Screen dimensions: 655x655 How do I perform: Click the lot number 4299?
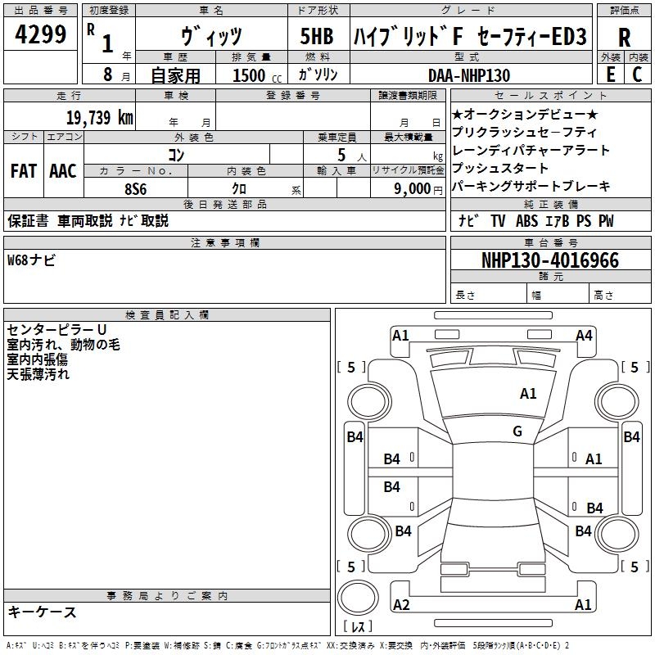point(41,35)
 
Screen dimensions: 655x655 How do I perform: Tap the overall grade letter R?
point(624,37)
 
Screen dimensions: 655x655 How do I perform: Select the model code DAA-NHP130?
point(469,75)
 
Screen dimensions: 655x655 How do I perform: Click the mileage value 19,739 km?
point(99,118)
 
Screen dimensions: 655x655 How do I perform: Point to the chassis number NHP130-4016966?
point(549,260)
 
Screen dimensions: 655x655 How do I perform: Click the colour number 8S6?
point(136,187)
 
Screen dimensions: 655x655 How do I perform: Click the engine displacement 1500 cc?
point(255,75)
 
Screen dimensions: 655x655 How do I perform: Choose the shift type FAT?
point(23,171)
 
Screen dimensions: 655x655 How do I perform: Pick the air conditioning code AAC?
point(62,171)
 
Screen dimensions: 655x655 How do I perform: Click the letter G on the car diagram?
point(517,431)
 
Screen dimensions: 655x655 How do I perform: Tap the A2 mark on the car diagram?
point(401,605)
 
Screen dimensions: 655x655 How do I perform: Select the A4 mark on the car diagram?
point(584,335)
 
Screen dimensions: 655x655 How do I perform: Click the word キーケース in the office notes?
point(42,612)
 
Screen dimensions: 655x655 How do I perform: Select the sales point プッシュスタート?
point(499,169)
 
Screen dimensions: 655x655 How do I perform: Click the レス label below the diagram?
point(359,628)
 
